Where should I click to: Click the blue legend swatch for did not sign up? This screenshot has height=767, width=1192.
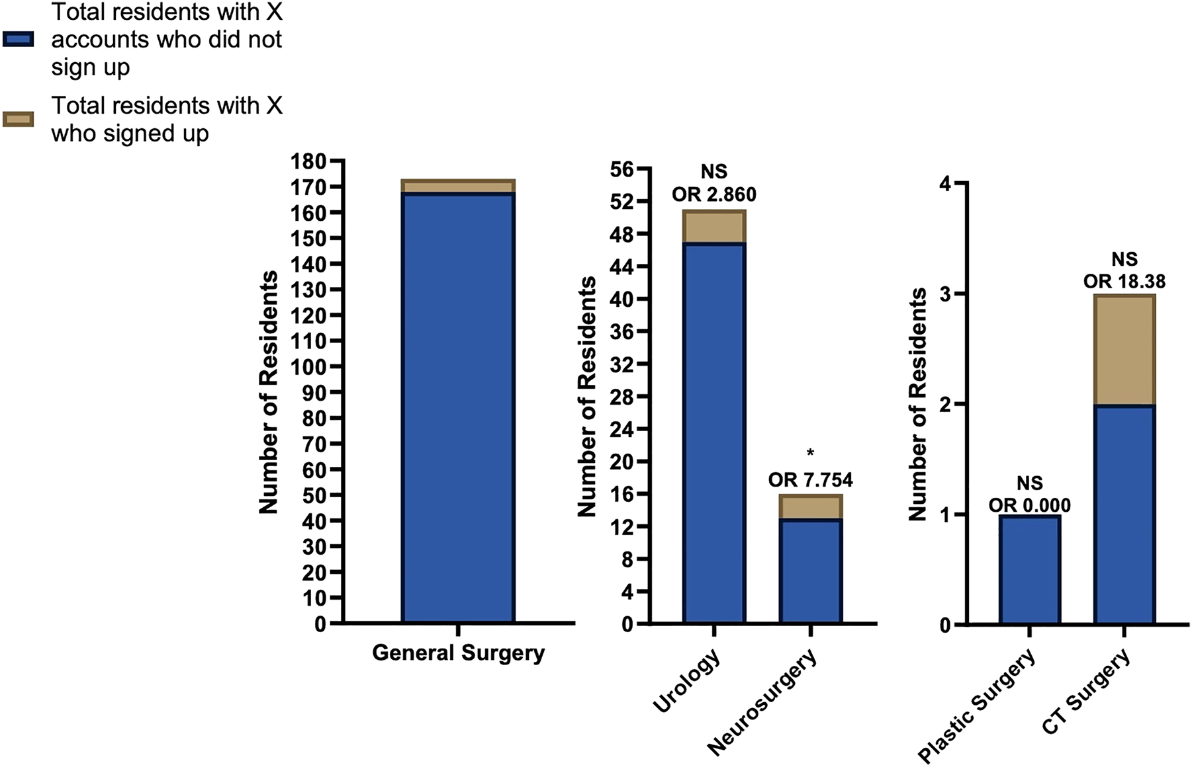coord(19,40)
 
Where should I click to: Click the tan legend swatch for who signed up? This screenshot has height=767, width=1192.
coord(19,119)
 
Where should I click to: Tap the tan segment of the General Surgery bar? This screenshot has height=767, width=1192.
coord(458,186)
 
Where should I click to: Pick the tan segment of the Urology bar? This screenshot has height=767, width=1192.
coord(714,227)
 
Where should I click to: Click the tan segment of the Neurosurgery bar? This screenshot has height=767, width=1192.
coord(811,507)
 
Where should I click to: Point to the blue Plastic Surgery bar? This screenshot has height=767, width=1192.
coord(1030,569)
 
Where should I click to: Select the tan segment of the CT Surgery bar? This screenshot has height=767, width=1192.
coord(1124,350)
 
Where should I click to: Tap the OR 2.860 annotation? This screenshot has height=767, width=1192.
coord(714,194)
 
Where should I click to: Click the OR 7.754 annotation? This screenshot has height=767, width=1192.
coord(811,479)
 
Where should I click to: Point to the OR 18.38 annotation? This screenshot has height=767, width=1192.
coord(1124,281)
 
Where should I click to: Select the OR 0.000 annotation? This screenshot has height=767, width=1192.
coord(1030,505)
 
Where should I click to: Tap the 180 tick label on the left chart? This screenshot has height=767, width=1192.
coord(308,161)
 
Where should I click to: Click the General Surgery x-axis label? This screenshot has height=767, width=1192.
coord(458,653)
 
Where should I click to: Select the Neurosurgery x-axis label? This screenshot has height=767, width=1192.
coord(762,702)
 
